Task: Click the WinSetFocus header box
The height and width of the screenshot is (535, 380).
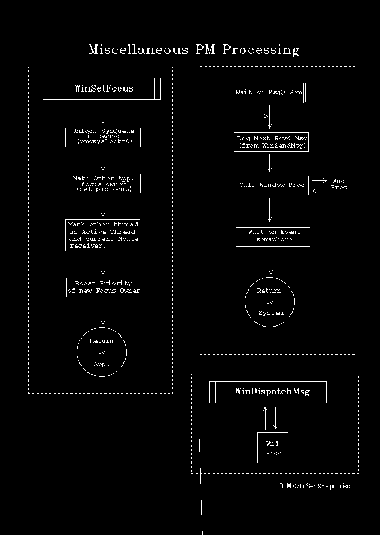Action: pyautogui.click(x=102, y=89)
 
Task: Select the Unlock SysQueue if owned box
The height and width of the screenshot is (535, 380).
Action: pyautogui.click(x=103, y=137)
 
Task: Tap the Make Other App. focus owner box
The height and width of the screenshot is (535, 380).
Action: pyautogui.click(x=103, y=183)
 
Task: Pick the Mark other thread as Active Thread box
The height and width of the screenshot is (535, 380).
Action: pyautogui.click(x=103, y=235)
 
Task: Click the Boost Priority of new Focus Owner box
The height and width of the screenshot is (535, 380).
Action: pyautogui.click(x=103, y=287)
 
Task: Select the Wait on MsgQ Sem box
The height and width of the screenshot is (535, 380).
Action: pyautogui.click(x=269, y=92)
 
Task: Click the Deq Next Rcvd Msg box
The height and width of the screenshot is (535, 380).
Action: pyautogui.click(x=271, y=142)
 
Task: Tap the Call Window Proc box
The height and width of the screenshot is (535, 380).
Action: pyautogui.click(x=271, y=185)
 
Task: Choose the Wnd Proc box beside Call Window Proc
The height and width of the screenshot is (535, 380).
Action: pyautogui.click(x=339, y=185)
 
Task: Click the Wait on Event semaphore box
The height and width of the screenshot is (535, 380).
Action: pyautogui.click(x=273, y=237)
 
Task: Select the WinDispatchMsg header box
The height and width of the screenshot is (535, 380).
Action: pyautogui.click(x=268, y=392)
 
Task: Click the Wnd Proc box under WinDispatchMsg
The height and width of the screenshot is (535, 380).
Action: pyautogui.click(x=273, y=448)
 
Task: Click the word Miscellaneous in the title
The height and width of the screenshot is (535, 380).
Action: pyautogui.click(x=138, y=49)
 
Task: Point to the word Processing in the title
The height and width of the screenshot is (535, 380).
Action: pyautogui.click(x=261, y=50)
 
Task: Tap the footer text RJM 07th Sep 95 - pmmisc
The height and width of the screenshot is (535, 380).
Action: pyautogui.click(x=314, y=486)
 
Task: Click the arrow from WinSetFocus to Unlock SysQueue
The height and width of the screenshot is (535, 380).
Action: pyautogui.click(x=103, y=112)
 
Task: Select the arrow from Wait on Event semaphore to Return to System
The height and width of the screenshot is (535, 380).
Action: pyautogui.click(x=271, y=262)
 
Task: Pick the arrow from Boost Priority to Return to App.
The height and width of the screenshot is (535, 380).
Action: pyautogui.click(x=103, y=313)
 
